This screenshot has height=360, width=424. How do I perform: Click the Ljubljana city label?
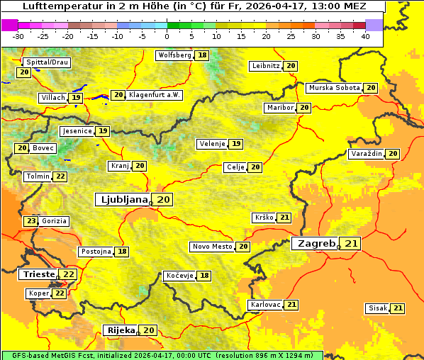(x=123, y=200)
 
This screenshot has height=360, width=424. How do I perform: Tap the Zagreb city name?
(x=316, y=244)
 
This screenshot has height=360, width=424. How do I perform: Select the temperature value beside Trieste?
(x=68, y=274)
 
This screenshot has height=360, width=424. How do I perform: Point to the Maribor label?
(x=279, y=108)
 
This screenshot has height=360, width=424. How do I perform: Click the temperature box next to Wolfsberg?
(x=203, y=55)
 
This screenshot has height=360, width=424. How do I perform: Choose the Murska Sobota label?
(x=334, y=88)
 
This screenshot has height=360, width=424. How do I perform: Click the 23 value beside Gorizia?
(x=30, y=221)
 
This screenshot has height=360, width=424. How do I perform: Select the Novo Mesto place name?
(x=212, y=247)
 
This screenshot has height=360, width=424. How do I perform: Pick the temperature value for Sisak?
(x=398, y=308)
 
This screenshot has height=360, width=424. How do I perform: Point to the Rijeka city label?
(x=121, y=330)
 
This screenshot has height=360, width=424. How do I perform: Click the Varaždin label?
(x=366, y=154)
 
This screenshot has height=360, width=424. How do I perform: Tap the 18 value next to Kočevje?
(x=204, y=276)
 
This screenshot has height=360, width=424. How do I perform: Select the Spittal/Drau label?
(x=47, y=62)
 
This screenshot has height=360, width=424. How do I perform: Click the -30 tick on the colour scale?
(x=18, y=35)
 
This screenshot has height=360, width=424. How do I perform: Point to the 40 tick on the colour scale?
(x=365, y=35)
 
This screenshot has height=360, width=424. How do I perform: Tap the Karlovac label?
(x=264, y=305)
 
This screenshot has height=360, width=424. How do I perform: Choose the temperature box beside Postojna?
(x=123, y=252)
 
